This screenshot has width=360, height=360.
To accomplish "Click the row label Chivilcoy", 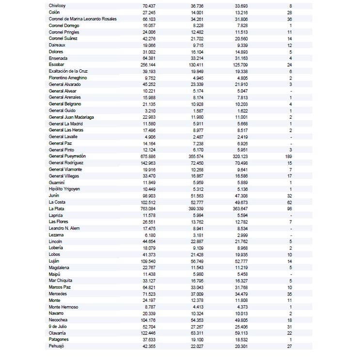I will coord(57,5).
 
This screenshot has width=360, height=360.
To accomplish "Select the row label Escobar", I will coord(57,64).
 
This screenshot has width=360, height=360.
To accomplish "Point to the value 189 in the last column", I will coord(289,157).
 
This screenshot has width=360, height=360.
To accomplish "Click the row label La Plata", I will coord(56,209).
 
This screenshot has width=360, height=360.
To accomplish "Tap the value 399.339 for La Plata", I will coord(196,209).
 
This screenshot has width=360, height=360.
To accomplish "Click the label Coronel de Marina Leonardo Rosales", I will coord(83,18).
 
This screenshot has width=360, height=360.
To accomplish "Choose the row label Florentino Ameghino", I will coord(68,78).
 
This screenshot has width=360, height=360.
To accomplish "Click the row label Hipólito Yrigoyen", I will coord(64,189).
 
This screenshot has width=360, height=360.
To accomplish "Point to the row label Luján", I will coord(54,261).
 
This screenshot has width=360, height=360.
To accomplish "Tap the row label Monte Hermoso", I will coord(63,307).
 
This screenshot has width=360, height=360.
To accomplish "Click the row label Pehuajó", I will coord(57,346).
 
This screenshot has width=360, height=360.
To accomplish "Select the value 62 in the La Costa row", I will coord(290,202).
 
